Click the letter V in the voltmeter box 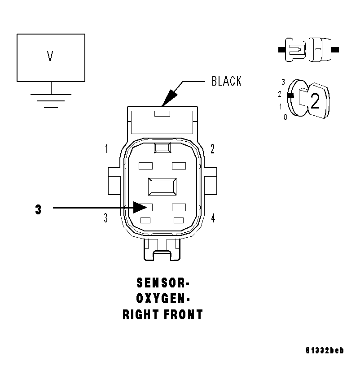click(50, 57)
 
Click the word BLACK click(226, 81)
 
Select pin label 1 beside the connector click(106, 148)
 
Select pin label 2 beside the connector click(213, 148)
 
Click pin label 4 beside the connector click(213, 218)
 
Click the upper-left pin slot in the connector click(146, 166)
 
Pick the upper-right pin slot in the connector click(179, 166)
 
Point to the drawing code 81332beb click(325, 351)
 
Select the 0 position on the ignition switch click(285, 117)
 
